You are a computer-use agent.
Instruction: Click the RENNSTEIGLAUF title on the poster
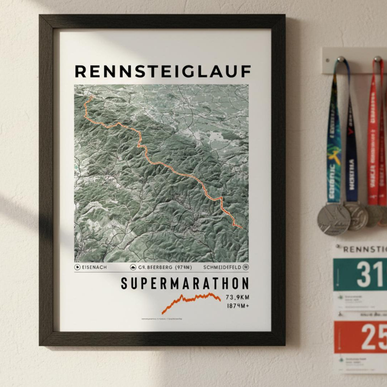[x=163, y=71]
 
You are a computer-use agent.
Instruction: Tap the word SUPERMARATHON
[x=185, y=284]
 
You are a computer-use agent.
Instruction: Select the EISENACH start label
[x=94, y=267]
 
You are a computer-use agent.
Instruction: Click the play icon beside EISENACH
[x=77, y=267]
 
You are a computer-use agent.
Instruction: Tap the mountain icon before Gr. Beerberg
[x=133, y=267]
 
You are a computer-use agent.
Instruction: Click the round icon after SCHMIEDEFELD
[x=246, y=267]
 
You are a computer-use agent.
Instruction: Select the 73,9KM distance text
[x=237, y=297]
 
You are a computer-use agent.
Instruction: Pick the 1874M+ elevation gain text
[x=238, y=306]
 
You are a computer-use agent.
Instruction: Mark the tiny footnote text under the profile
[x=161, y=319]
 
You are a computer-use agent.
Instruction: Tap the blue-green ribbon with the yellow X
[x=334, y=144]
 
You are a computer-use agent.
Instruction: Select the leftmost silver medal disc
[x=333, y=219]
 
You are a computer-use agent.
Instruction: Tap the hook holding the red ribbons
[x=377, y=59]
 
